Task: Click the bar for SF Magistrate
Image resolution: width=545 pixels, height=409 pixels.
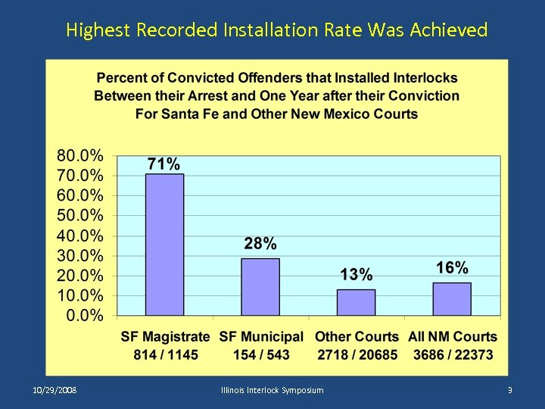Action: [x=164, y=245]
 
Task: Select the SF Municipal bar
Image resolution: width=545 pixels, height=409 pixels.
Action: [x=260, y=287]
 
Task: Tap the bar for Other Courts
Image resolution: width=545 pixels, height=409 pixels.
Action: [x=356, y=302]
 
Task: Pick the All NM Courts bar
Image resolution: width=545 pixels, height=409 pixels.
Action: [x=452, y=299]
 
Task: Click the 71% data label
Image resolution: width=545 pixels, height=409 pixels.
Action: [x=163, y=164]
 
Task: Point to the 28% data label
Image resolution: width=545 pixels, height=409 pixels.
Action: [x=260, y=244]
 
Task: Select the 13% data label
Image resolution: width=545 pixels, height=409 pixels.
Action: [x=356, y=274]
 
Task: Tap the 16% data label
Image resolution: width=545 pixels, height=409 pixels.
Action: [x=452, y=267]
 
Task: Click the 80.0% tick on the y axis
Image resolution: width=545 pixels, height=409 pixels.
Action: [x=80, y=156]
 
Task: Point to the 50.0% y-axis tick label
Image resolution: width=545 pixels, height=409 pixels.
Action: [x=80, y=216]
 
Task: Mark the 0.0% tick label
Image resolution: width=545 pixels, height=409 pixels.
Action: [x=85, y=315]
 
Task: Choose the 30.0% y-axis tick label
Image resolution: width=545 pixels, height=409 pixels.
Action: [x=80, y=255]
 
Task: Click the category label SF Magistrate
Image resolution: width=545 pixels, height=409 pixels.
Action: [x=165, y=337]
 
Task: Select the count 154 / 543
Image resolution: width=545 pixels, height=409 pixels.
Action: [x=261, y=354]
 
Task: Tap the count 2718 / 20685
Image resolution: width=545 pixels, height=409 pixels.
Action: [x=357, y=354]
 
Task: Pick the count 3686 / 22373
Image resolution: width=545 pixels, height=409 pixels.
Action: [x=453, y=354]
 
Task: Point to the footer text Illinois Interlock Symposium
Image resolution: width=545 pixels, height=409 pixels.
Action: [x=272, y=390]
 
